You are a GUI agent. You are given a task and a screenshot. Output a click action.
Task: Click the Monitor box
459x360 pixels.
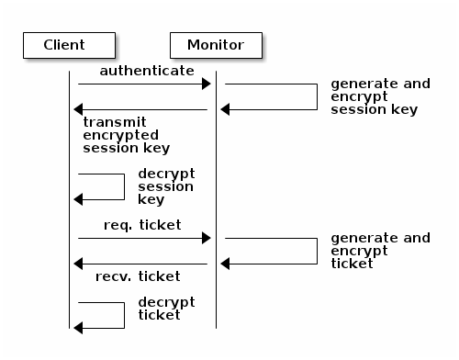[x=216, y=45]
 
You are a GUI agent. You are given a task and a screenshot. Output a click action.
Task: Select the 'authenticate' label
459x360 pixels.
[x=147, y=70]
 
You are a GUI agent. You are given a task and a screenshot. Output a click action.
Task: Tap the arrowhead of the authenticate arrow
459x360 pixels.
[x=207, y=84]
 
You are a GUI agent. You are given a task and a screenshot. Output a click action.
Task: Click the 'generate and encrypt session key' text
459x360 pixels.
[x=379, y=96]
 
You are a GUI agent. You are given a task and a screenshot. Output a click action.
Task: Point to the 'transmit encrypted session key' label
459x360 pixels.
[x=126, y=134]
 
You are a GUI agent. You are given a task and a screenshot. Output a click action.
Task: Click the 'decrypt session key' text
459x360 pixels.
[x=166, y=186]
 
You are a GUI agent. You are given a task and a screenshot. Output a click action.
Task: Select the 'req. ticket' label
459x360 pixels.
[x=142, y=224]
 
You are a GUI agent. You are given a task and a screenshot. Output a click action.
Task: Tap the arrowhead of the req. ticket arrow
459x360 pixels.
[x=207, y=239]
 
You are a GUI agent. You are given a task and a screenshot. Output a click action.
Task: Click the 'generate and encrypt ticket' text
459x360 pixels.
[x=379, y=251]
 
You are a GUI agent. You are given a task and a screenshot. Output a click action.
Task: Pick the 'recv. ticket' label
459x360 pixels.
[x=138, y=276]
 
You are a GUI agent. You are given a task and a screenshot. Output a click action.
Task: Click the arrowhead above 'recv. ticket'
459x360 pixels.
[x=78, y=264]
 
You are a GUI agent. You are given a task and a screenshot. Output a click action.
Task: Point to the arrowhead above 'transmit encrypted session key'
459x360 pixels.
[x=78, y=110]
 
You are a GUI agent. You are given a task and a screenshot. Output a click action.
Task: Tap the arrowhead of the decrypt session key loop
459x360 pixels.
[x=79, y=199]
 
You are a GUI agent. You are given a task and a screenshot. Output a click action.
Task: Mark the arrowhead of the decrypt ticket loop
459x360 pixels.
[x=79, y=327]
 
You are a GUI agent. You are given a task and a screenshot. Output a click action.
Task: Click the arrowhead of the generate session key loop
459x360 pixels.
[x=226, y=110]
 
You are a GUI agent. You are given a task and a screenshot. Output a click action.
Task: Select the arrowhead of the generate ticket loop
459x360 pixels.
[x=226, y=264]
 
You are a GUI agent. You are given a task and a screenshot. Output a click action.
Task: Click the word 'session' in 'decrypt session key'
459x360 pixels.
[x=166, y=186]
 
